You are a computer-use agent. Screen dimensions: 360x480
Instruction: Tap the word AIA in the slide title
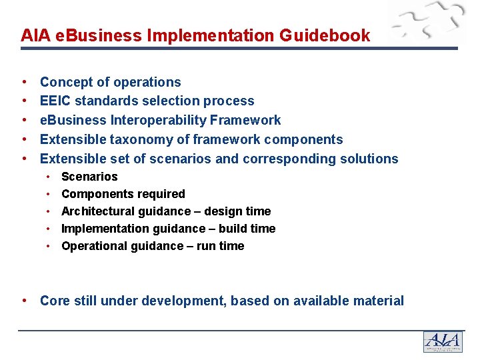point(33,35)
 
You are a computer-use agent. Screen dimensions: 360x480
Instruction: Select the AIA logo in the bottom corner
point(442,341)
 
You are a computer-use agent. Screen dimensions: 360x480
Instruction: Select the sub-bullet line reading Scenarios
point(89,177)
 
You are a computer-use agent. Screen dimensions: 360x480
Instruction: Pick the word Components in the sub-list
point(94,194)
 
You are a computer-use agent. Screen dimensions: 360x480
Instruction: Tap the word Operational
point(93,246)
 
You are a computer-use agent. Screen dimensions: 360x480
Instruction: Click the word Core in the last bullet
point(55,301)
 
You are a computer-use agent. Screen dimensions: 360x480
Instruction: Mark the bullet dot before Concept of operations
point(24,82)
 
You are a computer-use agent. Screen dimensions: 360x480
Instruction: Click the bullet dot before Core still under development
point(24,300)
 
